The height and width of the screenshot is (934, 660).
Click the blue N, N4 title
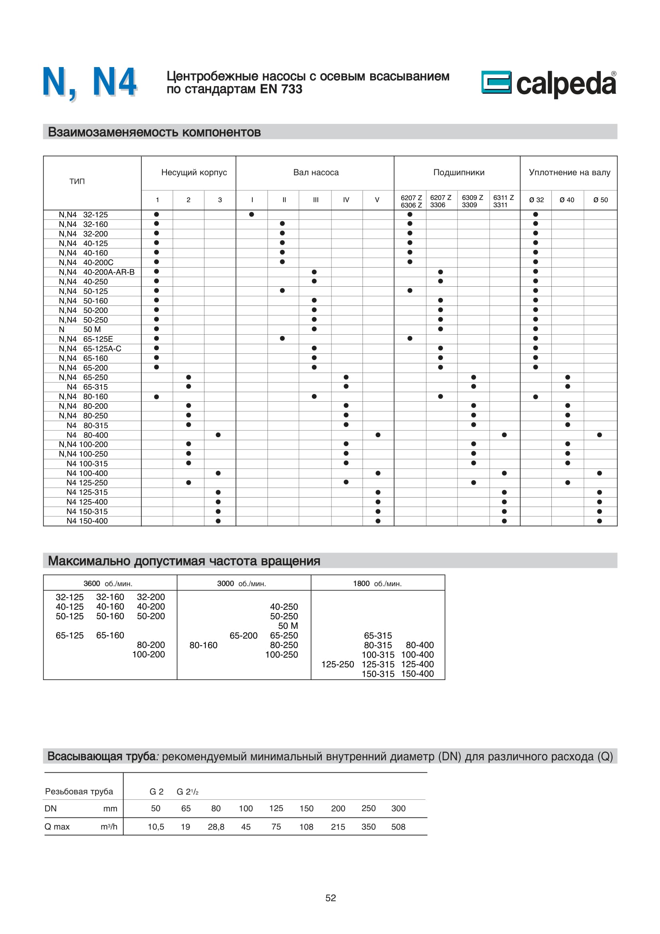(90, 83)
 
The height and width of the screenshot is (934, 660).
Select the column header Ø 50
(600, 200)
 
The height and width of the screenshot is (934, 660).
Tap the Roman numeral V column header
(377, 200)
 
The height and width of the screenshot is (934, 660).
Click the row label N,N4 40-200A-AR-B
(96, 272)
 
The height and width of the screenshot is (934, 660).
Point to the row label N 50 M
(80, 329)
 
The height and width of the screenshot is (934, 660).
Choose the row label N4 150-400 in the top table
(87, 521)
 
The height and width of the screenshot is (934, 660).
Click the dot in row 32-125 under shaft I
(252, 214)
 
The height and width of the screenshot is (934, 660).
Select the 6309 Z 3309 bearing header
(472, 201)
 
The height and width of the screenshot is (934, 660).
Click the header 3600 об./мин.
(108, 584)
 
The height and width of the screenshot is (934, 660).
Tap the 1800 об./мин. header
(377, 584)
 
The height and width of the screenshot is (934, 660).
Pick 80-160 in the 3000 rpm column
(203, 645)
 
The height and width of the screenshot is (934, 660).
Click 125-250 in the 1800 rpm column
(337, 664)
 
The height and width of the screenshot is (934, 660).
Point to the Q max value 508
(398, 827)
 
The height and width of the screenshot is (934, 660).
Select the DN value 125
(276, 808)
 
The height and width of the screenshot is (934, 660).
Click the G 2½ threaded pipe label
(187, 791)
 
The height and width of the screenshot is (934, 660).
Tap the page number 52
(331, 898)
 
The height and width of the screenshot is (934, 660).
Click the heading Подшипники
(459, 173)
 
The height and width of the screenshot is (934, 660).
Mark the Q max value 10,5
(156, 827)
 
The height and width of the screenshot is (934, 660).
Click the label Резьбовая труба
(79, 791)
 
